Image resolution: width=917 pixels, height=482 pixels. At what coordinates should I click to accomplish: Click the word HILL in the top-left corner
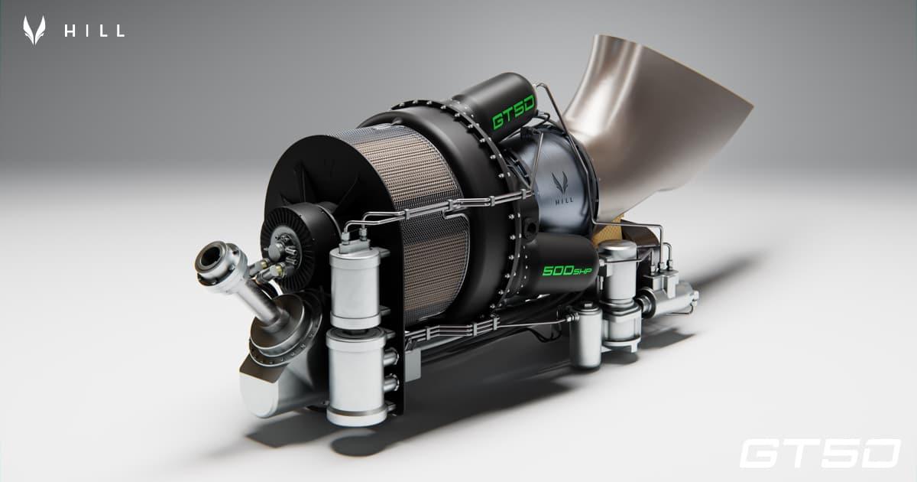(94, 31)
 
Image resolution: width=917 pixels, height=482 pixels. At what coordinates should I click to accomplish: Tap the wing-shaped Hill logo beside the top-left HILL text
(34, 30)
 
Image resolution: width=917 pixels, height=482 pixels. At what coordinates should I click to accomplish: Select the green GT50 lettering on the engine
(514, 112)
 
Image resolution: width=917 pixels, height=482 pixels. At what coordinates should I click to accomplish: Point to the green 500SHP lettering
(567, 271)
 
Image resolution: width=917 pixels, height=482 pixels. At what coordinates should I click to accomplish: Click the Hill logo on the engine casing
(562, 187)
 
